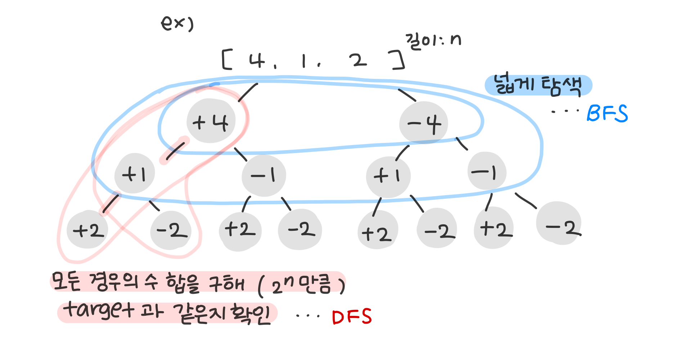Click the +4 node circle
[x=211, y=121]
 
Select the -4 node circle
[x=424, y=123]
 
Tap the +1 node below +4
[x=134, y=174]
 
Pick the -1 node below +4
[x=264, y=175]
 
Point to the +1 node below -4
[x=388, y=176]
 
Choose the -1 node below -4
[x=486, y=171]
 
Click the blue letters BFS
[x=607, y=113]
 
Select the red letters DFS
[x=352, y=317]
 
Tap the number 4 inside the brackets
[x=257, y=60]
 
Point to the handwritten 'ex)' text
[x=177, y=24]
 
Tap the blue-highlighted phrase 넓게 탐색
[x=538, y=86]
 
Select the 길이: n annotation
[x=433, y=41]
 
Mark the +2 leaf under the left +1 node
[x=88, y=230]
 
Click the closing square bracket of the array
[x=398, y=60]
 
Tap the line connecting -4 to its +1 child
[x=402, y=153]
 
